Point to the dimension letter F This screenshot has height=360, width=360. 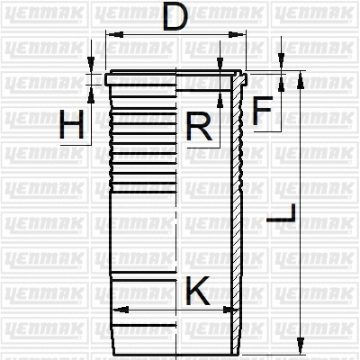coord(262,111)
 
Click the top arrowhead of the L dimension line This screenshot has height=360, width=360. coord(299,78)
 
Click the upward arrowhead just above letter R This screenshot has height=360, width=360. coord(220,92)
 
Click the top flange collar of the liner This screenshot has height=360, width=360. coord(175,79)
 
